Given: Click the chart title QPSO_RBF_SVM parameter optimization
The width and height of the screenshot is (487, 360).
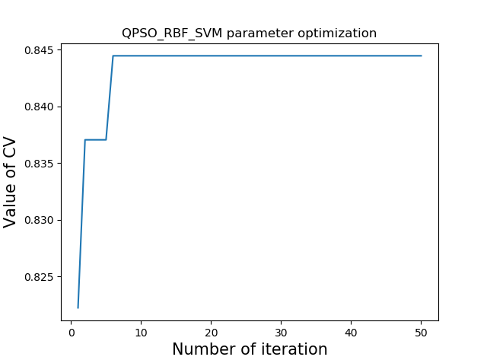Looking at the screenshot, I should [249, 33].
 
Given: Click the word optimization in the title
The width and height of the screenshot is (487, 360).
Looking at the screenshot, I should [339, 33].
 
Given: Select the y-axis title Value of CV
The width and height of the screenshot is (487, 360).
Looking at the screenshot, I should [11, 182].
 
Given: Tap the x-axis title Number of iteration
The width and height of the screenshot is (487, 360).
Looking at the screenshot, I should [249, 349].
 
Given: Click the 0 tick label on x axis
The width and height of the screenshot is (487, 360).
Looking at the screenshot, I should [72, 333].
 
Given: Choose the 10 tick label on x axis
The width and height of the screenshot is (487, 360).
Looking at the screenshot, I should [142, 333].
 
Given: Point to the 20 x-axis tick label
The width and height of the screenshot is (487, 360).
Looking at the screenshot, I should [212, 333].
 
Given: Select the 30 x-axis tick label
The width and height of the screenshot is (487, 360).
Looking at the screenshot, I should [282, 333].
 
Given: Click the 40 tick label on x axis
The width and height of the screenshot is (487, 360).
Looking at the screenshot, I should [352, 333].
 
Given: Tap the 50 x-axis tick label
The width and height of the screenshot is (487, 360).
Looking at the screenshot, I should [421, 333].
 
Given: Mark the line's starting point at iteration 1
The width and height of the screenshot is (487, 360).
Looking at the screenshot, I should [78, 307].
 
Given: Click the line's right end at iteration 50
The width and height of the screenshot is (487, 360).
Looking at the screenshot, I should [421, 56].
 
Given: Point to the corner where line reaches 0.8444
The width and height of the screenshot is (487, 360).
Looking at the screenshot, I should [113, 56].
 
